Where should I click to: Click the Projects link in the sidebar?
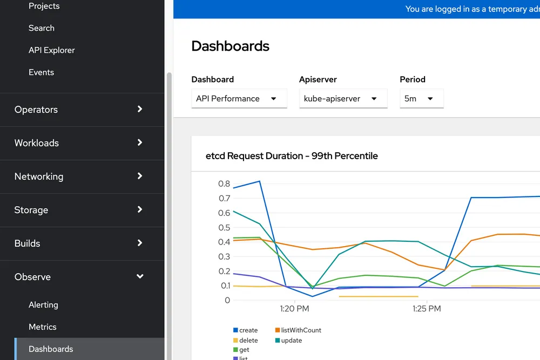point(44,6)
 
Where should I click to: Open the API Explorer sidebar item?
point(51,50)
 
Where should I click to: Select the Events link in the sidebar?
point(41,72)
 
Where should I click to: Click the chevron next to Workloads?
point(140,142)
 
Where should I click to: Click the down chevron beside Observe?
point(140,276)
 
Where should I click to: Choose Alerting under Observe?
point(43,305)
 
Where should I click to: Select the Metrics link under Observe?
point(43,327)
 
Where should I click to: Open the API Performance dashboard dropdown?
point(239,99)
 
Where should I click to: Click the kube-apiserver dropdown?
point(343,99)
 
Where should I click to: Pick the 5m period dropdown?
point(421,99)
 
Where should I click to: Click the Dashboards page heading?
point(230,46)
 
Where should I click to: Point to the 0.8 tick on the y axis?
point(224,184)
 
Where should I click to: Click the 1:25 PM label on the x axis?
point(427,309)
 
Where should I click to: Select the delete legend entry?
point(248,341)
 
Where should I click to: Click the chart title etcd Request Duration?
point(292,156)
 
